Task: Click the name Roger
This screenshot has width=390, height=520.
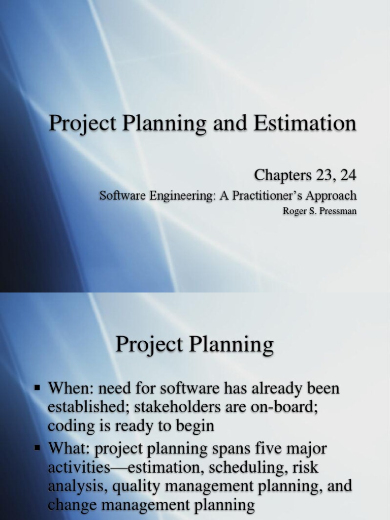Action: [294, 211]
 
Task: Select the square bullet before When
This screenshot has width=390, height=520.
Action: [38, 388]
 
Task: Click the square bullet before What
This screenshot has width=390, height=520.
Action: [38, 448]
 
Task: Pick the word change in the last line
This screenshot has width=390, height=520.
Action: [74, 504]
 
